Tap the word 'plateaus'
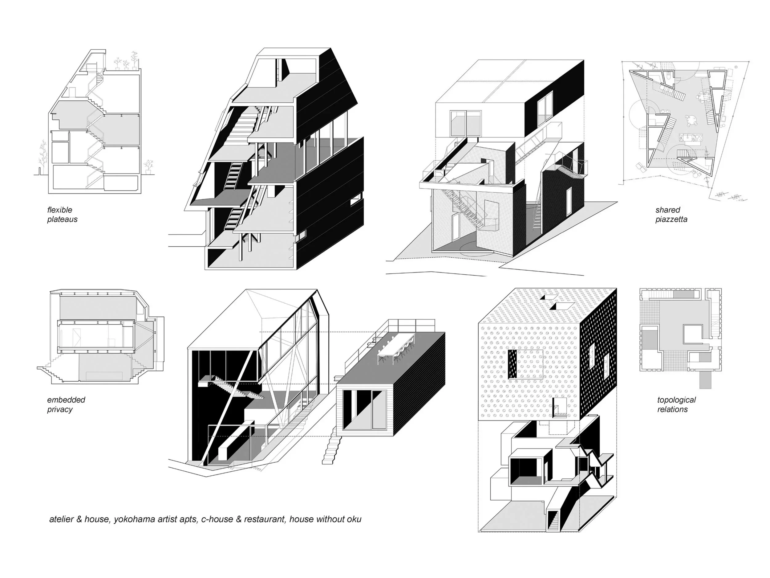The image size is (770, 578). coord(62,219)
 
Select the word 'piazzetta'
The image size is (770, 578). coord(671,219)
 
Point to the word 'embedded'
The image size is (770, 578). coord(66,400)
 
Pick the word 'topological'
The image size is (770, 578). coord(676,400)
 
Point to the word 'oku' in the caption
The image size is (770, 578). coord(354,519)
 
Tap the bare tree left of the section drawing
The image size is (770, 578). coord(43,157)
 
